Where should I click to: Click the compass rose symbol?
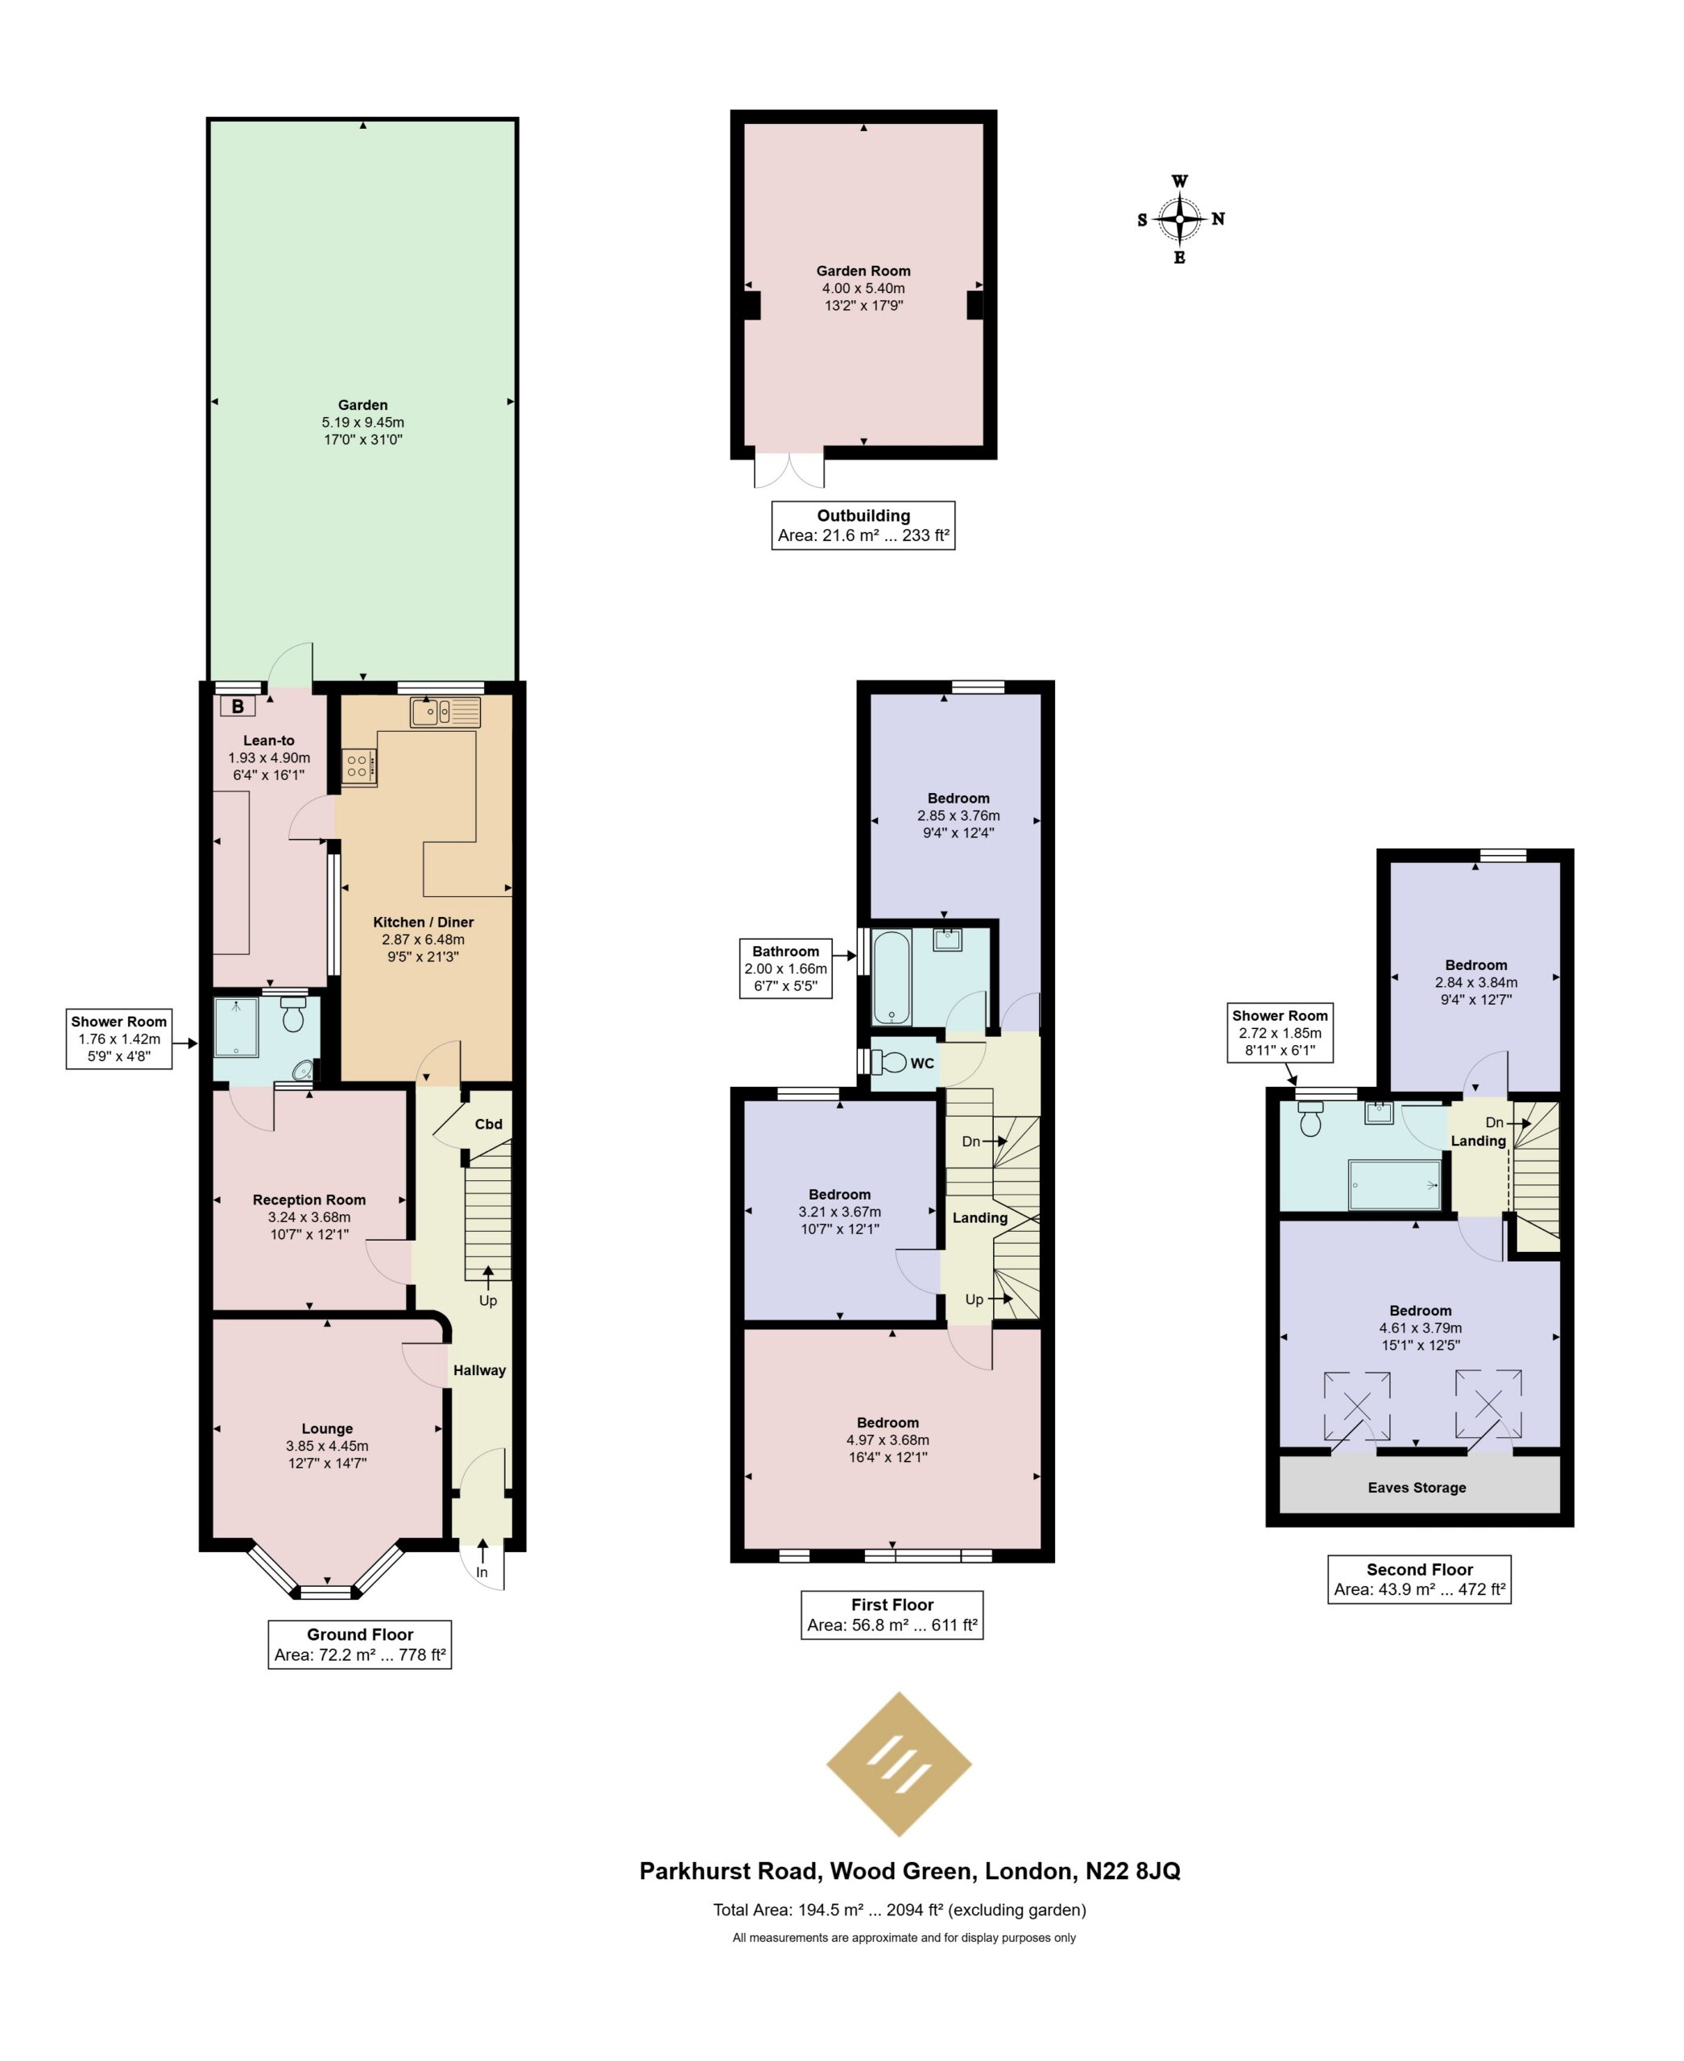coord(1180,219)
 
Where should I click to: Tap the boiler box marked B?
coord(238,707)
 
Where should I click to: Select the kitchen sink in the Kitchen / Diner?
coord(445,712)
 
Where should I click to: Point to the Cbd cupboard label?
coord(489,1124)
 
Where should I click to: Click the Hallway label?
coord(479,1370)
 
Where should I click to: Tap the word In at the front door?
coord(482,1572)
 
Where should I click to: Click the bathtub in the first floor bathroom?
coord(892,977)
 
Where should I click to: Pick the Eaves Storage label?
coord(1417,1488)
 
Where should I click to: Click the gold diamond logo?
coord(898,1764)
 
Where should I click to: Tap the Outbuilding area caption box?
coord(863,526)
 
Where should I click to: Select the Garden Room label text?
coord(863,271)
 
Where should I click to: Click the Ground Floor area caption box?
coord(360,1644)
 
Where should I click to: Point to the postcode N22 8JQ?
coord(1133,1871)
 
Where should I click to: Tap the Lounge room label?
coord(327,1429)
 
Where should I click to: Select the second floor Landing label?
coord(1479,1141)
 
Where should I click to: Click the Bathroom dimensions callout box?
coord(786,969)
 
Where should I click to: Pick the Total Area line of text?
coord(900,1910)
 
